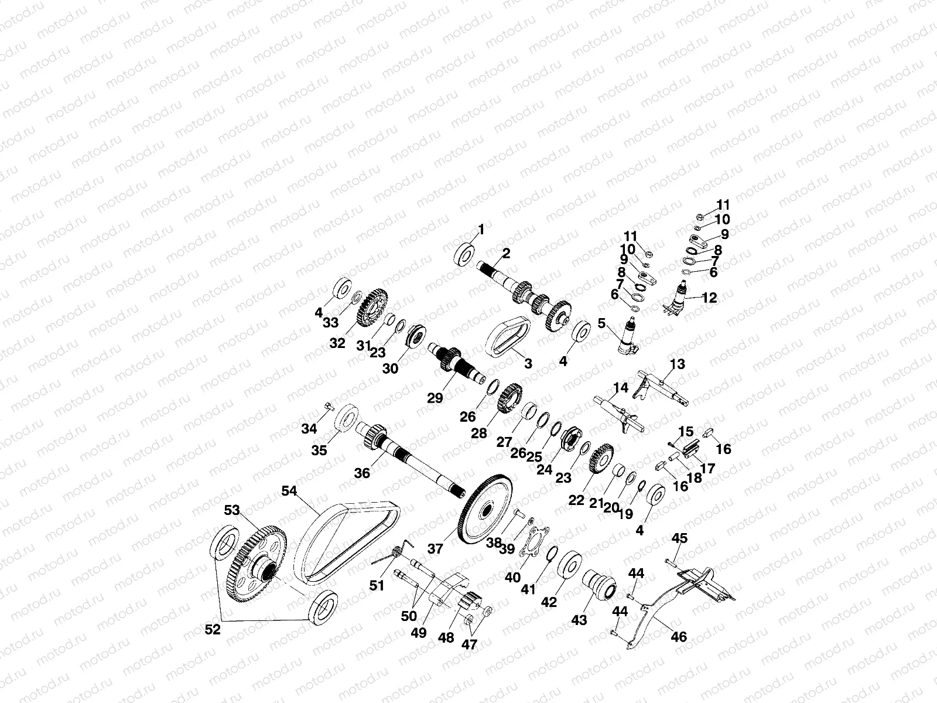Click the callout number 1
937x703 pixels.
click(x=481, y=230)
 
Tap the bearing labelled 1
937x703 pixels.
click(x=466, y=255)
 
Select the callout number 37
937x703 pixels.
click(x=435, y=548)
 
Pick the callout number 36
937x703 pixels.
click(x=363, y=472)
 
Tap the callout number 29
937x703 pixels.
click(x=435, y=398)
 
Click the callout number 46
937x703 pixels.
click(x=679, y=636)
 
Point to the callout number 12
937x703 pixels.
click(x=709, y=298)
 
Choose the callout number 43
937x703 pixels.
click(x=579, y=620)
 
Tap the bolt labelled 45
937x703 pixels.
click(x=671, y=562)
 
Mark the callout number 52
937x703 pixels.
click(x=213, y=630)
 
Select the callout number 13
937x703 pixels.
click(x=677, y=364)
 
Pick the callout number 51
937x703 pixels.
click(x=377, y=585)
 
